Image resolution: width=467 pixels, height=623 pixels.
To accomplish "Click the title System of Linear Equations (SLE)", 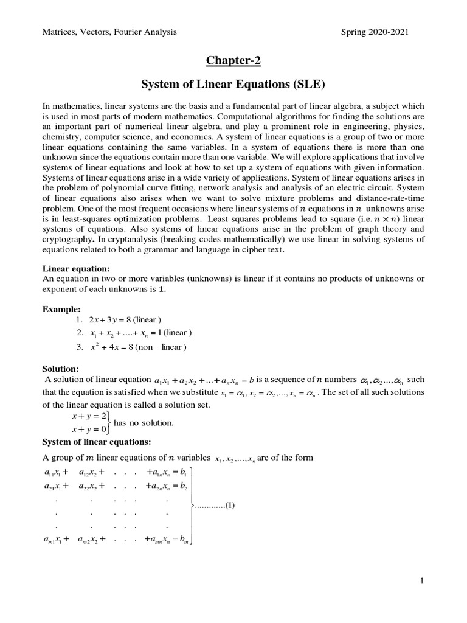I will [233, 83].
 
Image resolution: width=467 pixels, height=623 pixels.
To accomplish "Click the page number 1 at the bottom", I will [421, 582].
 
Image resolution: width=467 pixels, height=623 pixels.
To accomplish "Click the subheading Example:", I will [61, 309].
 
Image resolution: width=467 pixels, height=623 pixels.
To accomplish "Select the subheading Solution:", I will [61, 369].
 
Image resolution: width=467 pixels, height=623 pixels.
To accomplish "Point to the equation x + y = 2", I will [88, 416].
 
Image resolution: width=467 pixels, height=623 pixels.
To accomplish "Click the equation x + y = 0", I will [88, 429].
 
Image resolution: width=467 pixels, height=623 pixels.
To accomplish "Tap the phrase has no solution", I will [144, 423].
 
